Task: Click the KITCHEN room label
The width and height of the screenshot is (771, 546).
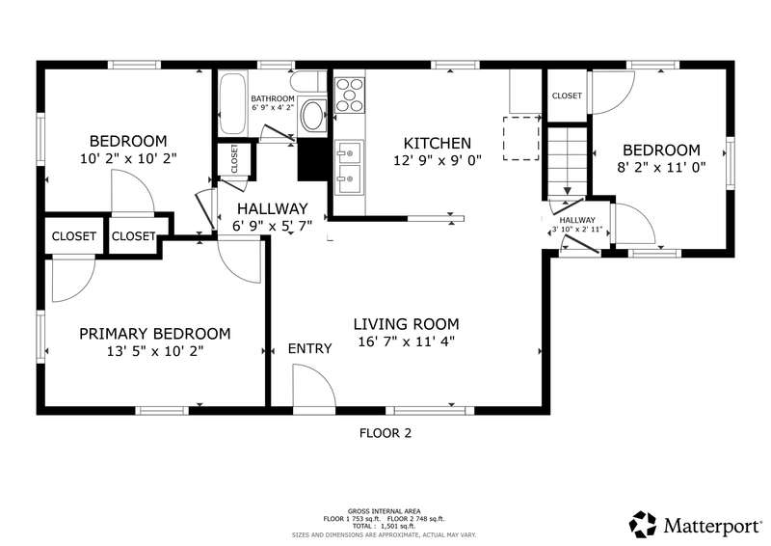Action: point(438,144)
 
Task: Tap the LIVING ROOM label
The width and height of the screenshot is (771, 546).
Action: point(406,324)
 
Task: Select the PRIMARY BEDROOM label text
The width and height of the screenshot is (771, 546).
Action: point(155,334)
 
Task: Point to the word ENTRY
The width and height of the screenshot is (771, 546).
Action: point(309,348)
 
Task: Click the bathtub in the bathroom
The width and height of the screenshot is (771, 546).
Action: point(232,103)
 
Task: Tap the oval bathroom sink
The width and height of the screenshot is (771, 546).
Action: point(312,115)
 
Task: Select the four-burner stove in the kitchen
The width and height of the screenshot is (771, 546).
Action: point(350,96)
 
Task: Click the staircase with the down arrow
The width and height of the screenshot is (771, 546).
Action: point(568,161)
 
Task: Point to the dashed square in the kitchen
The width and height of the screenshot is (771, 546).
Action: point(521,138)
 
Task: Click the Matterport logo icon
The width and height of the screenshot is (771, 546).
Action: point(643,525)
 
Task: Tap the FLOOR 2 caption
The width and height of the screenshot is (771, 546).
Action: point(385,433)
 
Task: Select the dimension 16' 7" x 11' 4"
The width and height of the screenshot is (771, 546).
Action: point(406,341)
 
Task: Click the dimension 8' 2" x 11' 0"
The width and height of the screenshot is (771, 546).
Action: point(661,167)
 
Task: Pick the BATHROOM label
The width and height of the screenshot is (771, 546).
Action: point(273,98)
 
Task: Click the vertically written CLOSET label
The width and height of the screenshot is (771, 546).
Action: point(234,158)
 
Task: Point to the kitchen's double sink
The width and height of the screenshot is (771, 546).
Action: point(350,168)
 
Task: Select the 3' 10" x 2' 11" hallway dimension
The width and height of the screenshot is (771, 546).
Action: point(577,230)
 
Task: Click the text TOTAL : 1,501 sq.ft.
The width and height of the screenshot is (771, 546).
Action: point(384,527)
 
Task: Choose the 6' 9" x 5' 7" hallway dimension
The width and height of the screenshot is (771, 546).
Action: point(273,226)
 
